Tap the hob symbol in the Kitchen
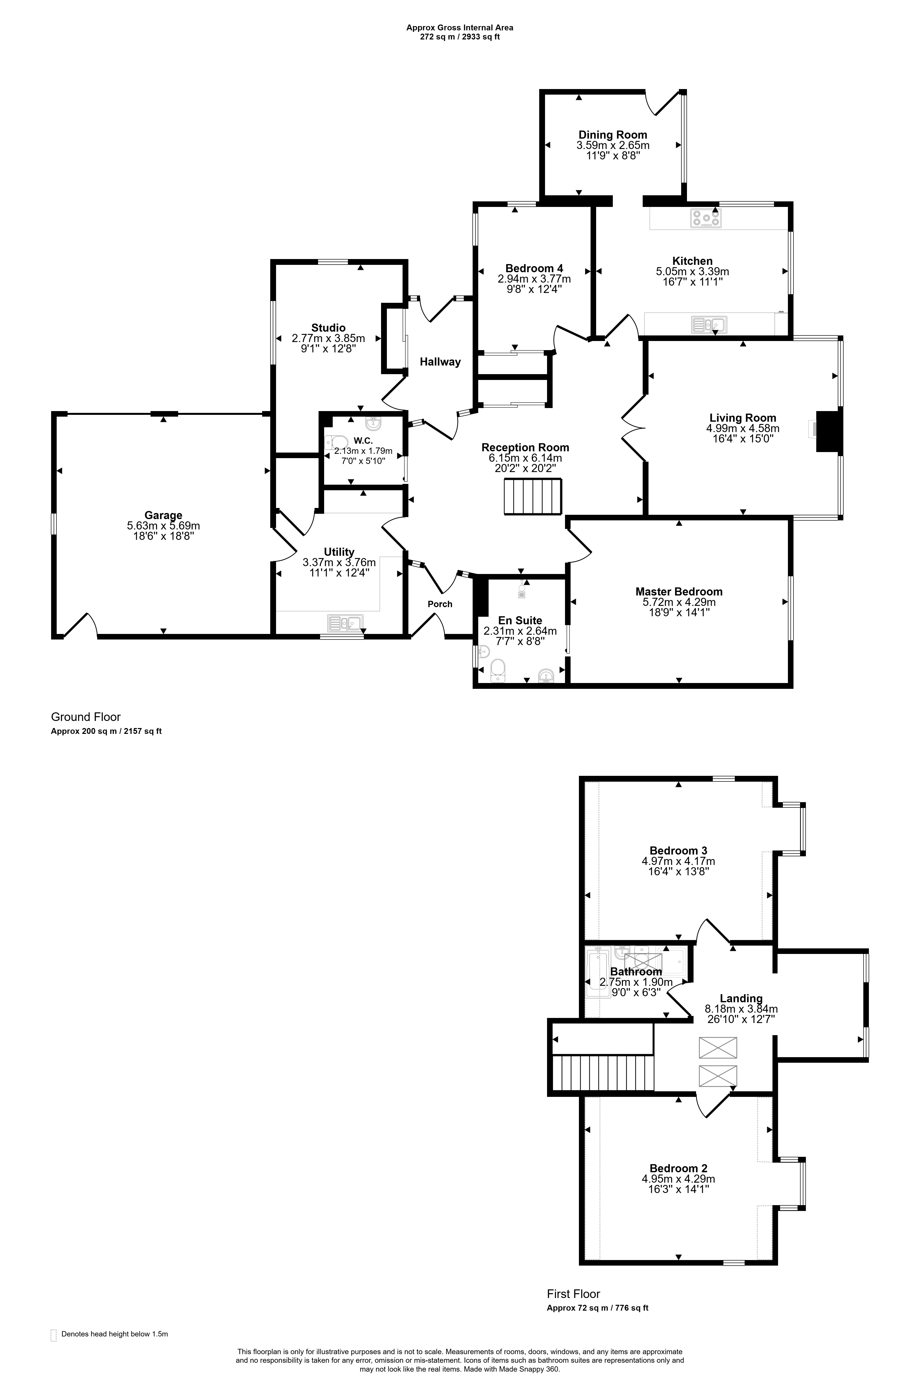(x=706, y=218)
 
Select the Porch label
(x=440, y=604)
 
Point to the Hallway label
(x=440, y=362)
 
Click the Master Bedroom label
(x=679, y=592)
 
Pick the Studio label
(x=329, y=328)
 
